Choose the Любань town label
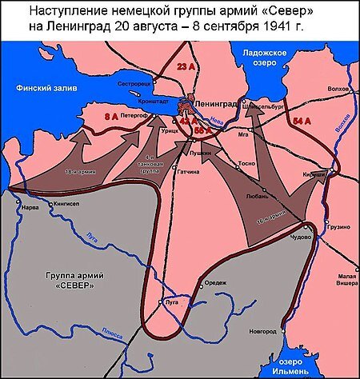(x=257, y=194)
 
